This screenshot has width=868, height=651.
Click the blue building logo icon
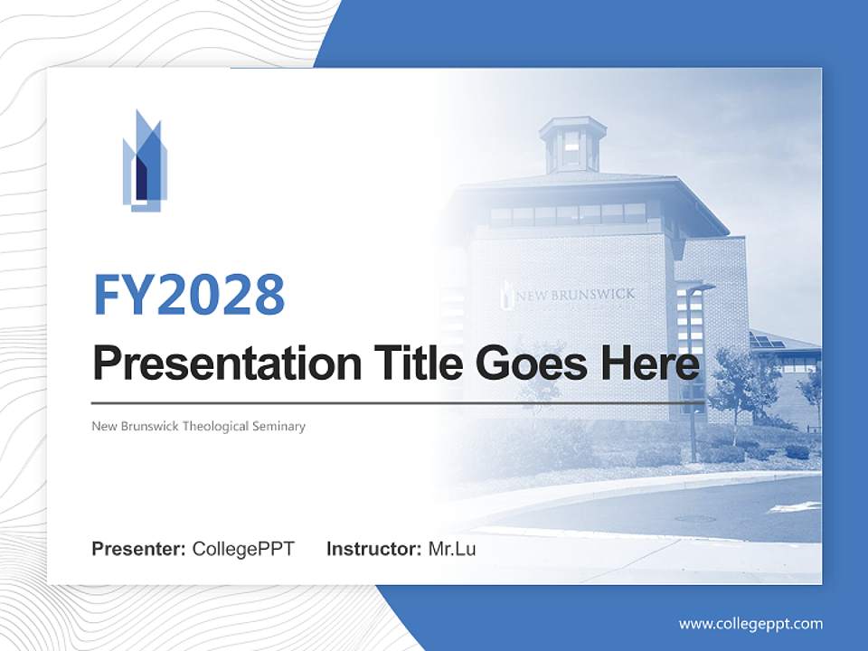point(145,162)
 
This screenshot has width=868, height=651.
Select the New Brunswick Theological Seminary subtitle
point(199,426)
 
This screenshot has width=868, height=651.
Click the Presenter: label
point(139,549)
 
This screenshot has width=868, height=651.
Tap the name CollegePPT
point(243,549)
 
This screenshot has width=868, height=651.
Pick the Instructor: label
point(373,549)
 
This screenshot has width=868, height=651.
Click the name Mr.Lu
point(452,549)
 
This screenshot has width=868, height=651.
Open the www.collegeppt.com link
point(750,623)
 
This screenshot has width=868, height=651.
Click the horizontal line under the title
point(398,402)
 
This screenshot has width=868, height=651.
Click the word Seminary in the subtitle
point(282,426)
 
